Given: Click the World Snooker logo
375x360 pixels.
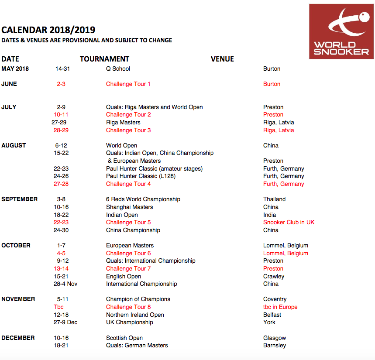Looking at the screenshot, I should point(341,31).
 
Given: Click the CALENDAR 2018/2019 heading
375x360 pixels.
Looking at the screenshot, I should point(48,30).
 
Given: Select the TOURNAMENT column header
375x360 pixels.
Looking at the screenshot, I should point(104,59).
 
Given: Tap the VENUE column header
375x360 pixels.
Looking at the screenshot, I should point(222,59).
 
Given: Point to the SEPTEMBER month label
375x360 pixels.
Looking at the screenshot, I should point(20,199).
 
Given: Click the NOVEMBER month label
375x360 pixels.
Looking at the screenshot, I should point(18,299).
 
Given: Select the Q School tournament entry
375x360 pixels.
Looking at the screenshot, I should point(118,69).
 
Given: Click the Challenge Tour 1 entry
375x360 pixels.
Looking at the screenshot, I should point(128,84).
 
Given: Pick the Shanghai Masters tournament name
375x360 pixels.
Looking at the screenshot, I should point(129,207).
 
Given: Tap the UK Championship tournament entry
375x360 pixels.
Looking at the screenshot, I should point(129,322).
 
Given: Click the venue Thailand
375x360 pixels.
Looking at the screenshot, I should point(274,199).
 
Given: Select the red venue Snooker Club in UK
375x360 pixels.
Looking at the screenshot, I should point(289,222).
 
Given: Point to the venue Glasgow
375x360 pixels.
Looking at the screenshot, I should point(275,338).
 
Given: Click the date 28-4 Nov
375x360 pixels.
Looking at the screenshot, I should point(65,284).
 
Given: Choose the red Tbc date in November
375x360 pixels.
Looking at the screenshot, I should point(59,307).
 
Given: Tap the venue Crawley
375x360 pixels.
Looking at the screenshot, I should point(274,276).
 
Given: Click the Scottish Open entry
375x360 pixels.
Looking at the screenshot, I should point(124,338).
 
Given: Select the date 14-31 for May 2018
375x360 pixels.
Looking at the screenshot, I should point(62,69).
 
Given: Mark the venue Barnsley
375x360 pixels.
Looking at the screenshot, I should point(275,345).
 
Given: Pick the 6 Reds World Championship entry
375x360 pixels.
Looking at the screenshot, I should point(143,199).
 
